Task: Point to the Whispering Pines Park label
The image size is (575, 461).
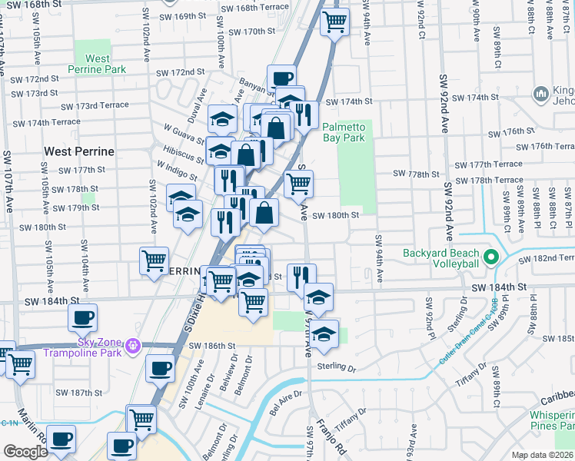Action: click(x=543, y=420)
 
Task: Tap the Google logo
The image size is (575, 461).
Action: click(x=25, y=452)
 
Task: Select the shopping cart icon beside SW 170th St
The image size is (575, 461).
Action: click(x=334, y=23)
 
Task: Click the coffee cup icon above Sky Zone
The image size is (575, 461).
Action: click(x=82, y=318)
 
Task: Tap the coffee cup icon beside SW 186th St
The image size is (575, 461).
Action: click(x=160, y=370)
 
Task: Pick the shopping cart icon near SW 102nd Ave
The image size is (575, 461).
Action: click(x=154, y=260)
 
